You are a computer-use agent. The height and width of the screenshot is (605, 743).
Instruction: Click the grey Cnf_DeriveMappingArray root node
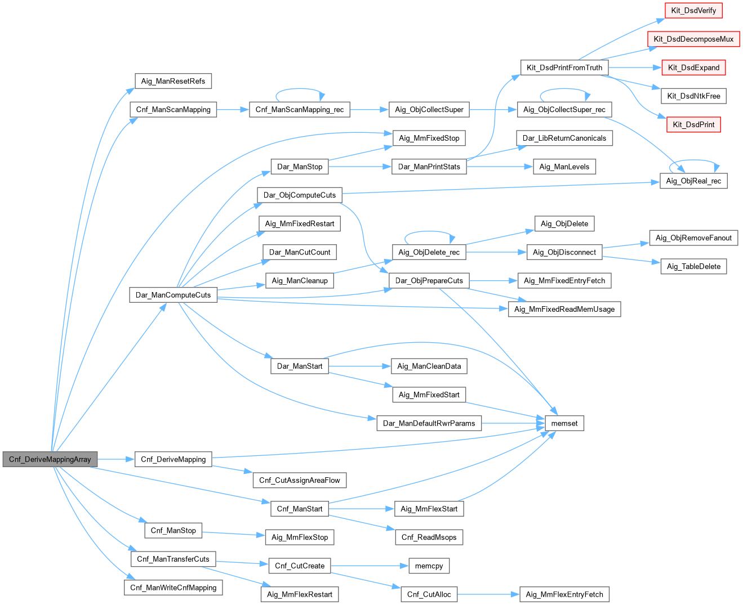click(50, 459)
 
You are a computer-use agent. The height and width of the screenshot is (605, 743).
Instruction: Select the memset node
click(564, 423)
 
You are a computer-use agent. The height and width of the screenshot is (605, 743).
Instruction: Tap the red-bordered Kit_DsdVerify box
click(693, 10)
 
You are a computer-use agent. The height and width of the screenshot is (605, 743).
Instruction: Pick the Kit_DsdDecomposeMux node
click(693, 39)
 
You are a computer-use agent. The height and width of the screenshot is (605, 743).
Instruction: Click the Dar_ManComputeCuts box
click(173, 295)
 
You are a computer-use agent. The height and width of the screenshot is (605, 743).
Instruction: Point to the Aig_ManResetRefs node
click(173, 81)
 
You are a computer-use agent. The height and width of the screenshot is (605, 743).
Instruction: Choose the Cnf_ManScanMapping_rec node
click(299, 110)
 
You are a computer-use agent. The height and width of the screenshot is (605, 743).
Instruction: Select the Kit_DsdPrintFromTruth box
click(564, 68)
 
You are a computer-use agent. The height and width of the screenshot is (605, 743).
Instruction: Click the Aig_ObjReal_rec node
click(693, 181)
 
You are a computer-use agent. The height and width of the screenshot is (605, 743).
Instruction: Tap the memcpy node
click(429, 566)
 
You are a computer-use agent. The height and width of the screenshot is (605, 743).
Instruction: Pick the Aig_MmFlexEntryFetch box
click(564, 594)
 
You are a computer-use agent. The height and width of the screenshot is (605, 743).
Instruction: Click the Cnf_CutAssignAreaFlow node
click(299, 480)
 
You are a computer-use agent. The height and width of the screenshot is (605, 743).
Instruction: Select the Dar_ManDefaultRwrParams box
click(429, 423)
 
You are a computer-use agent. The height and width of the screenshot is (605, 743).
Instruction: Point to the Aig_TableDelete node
click(693, 266)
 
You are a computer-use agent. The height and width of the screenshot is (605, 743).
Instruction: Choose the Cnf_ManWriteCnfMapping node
click(173, 588)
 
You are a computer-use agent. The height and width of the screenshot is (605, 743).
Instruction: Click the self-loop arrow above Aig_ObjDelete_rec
click(429, 232)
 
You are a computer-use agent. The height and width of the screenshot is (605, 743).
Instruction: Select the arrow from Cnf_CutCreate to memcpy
click(370, 566)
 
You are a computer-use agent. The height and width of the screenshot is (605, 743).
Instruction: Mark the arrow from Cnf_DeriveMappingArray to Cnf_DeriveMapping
click(116, 459)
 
